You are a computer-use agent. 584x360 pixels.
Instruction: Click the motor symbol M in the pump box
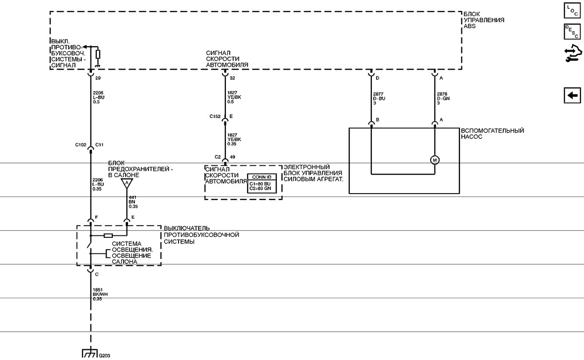coord(435,160)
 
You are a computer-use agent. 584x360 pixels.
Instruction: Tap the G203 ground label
coord(105,356)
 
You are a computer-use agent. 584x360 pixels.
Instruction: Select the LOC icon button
coord(572,10)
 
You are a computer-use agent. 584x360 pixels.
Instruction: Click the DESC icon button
coord(572,32)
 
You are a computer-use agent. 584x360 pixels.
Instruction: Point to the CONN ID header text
coord(262,177)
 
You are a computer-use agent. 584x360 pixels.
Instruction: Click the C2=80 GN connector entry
coord(260,188)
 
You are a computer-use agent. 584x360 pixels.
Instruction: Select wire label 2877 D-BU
coord(379,98)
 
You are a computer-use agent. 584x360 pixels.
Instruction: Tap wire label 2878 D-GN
coord(443,98)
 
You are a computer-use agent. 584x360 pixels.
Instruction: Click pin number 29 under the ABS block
coord(98,78)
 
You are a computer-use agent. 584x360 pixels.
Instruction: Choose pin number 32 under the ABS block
coord(232,78)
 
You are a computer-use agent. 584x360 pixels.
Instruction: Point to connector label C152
coord(215,116)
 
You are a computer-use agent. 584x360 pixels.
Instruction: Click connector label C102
coord(81,144)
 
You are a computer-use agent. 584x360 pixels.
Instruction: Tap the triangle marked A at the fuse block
coord(127,183)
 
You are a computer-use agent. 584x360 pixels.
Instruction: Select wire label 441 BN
coord(133,202)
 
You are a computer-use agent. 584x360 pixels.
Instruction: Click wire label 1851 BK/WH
coord(100,294)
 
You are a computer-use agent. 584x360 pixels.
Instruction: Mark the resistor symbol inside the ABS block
coord(98,54)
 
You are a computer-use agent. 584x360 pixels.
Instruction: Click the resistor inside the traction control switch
coord(108,235)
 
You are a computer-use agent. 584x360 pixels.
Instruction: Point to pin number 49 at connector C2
coord(232,157)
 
